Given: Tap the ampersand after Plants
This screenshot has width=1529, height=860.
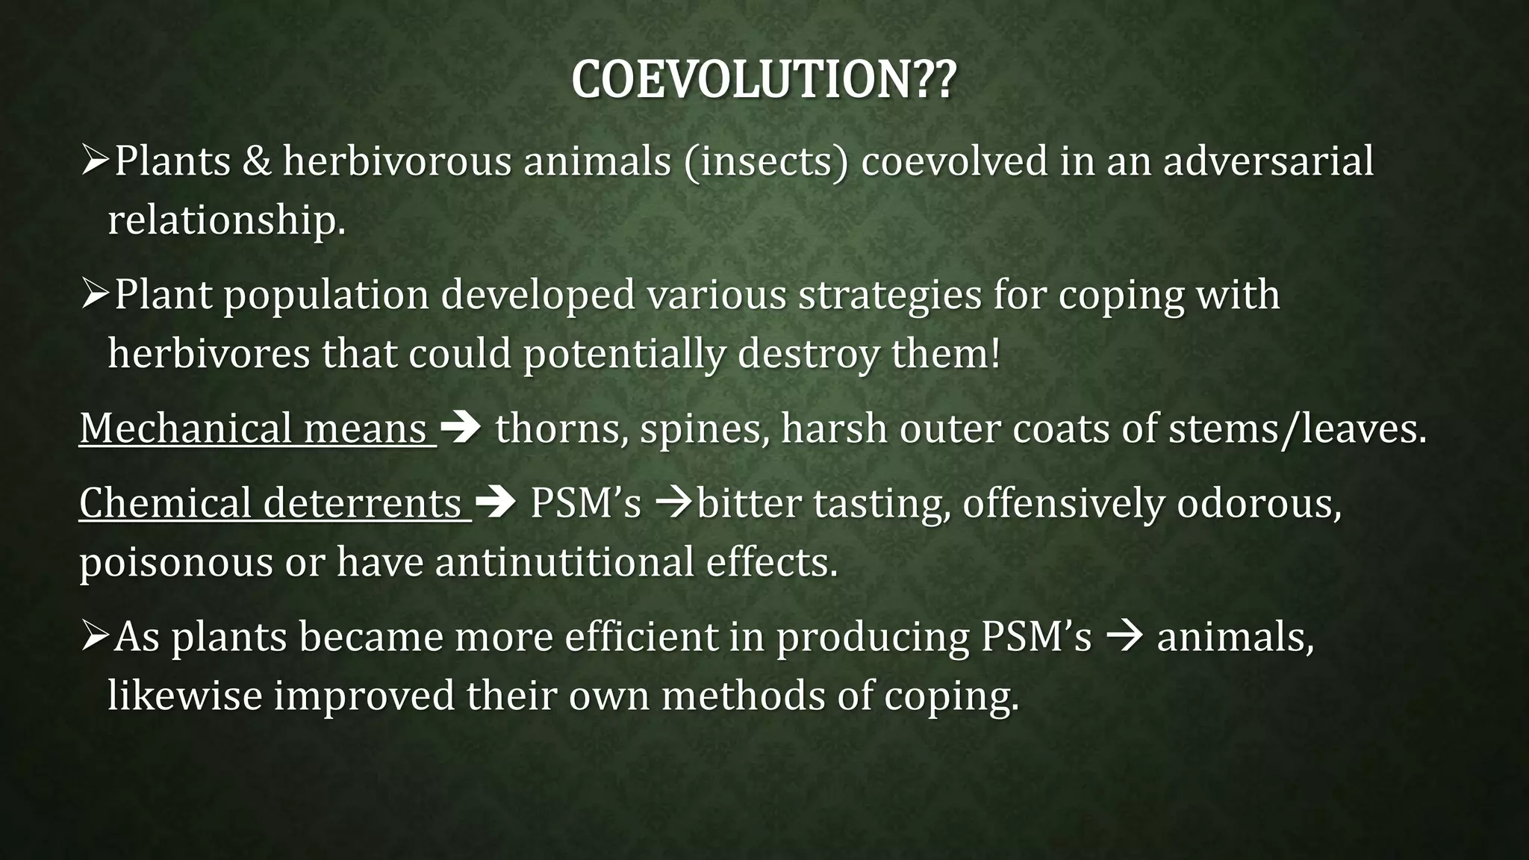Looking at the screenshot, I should (x=257, y=161).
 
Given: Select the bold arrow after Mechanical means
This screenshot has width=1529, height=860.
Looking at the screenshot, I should (x=461, y=429).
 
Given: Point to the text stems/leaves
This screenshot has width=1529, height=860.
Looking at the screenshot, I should (x=1297, y=429).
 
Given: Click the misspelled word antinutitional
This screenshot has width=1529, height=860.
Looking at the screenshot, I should (x=564, y=561).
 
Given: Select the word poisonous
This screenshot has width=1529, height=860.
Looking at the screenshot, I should (x=175, y=561).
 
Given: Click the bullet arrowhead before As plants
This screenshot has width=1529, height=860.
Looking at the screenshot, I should (x=95, y=637).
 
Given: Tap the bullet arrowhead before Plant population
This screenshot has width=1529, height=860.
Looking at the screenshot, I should (x=95, y=295).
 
